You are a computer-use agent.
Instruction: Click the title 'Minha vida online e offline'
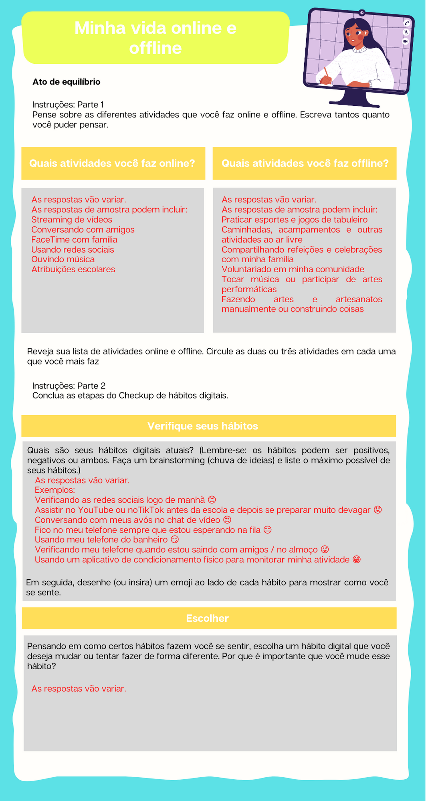[155, 38]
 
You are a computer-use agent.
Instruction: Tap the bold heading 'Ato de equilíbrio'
[67, 82]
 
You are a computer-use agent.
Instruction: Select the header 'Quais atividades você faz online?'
[113, 163]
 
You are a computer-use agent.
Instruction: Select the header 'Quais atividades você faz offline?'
[305, 163]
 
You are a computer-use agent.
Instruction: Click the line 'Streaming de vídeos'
[72, 220]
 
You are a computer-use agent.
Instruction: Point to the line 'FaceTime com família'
[74, 240]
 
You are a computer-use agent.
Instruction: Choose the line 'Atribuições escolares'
[73, 269]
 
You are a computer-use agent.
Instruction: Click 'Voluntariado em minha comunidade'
[293, 269]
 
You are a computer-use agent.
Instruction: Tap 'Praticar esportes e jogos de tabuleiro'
[294, 220]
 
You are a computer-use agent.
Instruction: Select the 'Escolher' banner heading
[207, 618]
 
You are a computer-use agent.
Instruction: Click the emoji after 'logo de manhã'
[212, 500]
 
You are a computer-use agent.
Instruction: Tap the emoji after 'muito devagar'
[377, 510]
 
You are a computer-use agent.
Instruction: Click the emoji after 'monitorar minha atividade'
[356, 560]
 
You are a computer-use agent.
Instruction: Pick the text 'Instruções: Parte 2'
[69, 386]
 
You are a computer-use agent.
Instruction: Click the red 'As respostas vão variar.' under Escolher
[79, 689]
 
